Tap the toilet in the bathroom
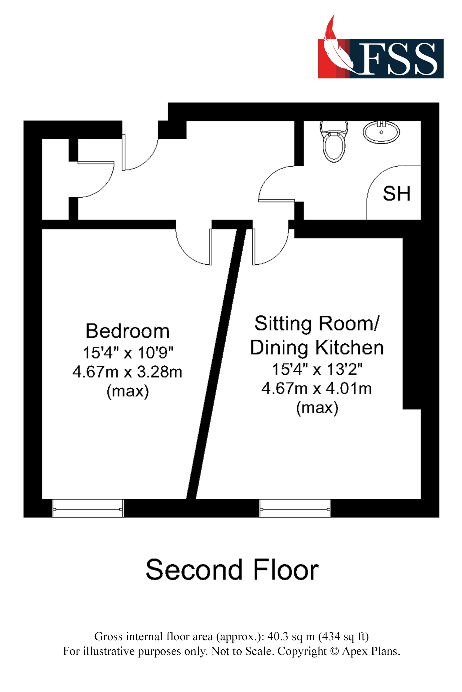coord(334,143)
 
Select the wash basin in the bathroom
coord(381,132)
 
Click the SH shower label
coord(396,194)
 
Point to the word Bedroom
coord(127,331)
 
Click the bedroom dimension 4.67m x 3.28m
coord(127,372)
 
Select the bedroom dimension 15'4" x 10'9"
coord(128,353)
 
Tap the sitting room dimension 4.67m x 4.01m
coord(317,388)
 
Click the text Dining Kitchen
coord(317,348)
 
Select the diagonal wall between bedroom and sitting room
coord(216,365)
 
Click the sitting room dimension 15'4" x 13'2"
coord(317,369)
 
